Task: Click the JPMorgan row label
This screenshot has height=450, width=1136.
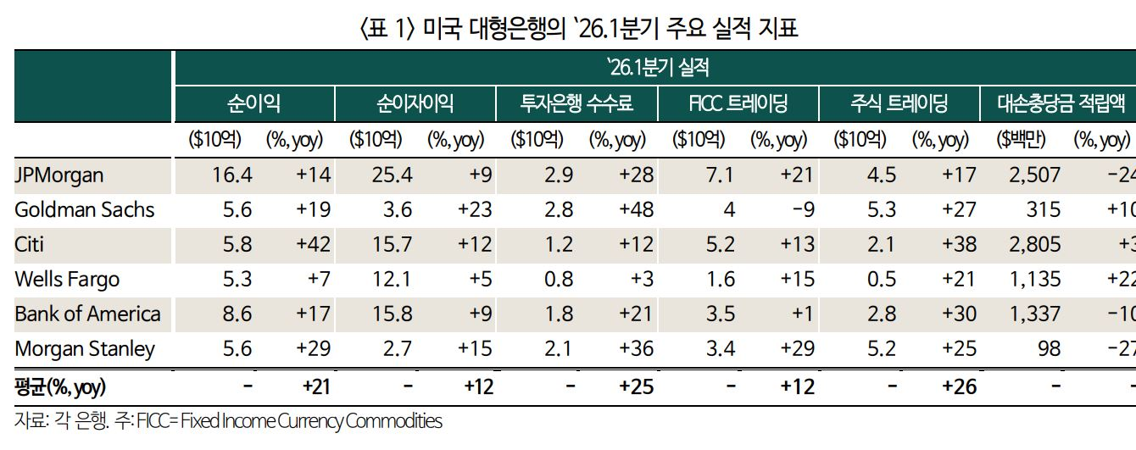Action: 59,175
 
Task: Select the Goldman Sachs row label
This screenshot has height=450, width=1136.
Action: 85,210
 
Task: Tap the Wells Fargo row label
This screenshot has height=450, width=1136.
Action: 67,280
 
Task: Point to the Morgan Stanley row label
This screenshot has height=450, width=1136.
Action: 85,349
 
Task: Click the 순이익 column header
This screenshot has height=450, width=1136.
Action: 253,103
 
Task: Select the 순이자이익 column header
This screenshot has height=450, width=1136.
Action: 415,103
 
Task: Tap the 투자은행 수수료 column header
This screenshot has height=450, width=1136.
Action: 576,103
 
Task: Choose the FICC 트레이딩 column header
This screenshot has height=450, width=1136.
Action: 738,103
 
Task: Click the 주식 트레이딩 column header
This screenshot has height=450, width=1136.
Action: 899,103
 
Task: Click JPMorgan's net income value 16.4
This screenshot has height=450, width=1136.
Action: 232,175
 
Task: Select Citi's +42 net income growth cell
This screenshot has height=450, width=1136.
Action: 313,245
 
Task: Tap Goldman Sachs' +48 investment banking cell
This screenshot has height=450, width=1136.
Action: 636,210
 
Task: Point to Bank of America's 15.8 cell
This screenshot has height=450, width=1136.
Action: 393,314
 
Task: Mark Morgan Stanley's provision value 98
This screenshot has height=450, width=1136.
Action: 1043,349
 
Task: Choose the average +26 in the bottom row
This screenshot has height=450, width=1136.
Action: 958,387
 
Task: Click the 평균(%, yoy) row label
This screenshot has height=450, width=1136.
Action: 60,387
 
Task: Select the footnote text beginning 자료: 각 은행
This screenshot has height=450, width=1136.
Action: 228,421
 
